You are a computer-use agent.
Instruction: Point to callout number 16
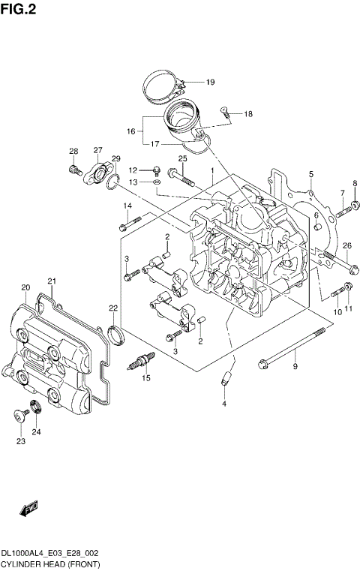[x=130, y=131]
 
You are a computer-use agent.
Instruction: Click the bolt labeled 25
[x=181, y=178]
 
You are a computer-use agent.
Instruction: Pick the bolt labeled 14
[x=129, y=221]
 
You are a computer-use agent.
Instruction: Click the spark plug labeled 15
[x=142, y=360]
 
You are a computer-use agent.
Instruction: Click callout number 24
[x=36, y=431]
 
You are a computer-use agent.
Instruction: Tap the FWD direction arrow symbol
[x=29, y=510]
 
